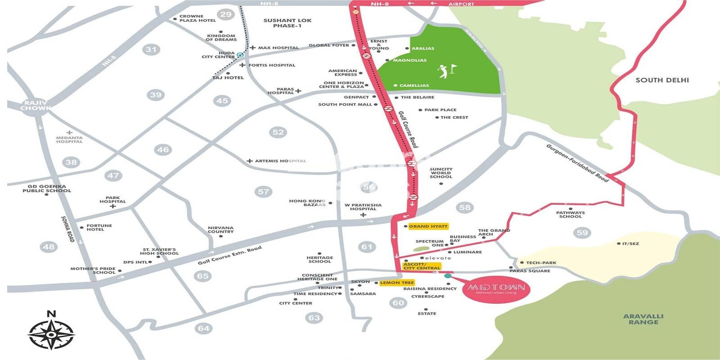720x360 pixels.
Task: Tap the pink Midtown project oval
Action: pos(496,289)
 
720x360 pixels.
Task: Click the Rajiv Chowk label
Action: pos(35,106)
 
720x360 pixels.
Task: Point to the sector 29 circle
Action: pos(226,14)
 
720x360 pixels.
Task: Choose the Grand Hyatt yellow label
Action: pos(428,226)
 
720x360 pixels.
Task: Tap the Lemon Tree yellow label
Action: pos(396,283)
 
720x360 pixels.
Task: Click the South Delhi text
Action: pos(662,80)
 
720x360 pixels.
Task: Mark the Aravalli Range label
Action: pos(643,319)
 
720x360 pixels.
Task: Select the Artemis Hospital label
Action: pos(280,161)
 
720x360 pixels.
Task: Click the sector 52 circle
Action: pos(278,132)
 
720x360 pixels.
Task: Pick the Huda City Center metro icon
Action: pos(240,55)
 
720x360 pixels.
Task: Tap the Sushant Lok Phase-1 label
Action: pos(287,23)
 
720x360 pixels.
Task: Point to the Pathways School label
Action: pos(570,215)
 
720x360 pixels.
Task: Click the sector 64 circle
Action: pos(204,328)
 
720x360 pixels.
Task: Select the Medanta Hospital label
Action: pos(69,139)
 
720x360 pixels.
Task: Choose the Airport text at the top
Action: pos(461,4)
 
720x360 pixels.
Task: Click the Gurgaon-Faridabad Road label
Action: pos(577,163)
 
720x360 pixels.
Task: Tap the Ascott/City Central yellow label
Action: pos(422,266)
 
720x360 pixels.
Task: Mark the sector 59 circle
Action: pos(582,233)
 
